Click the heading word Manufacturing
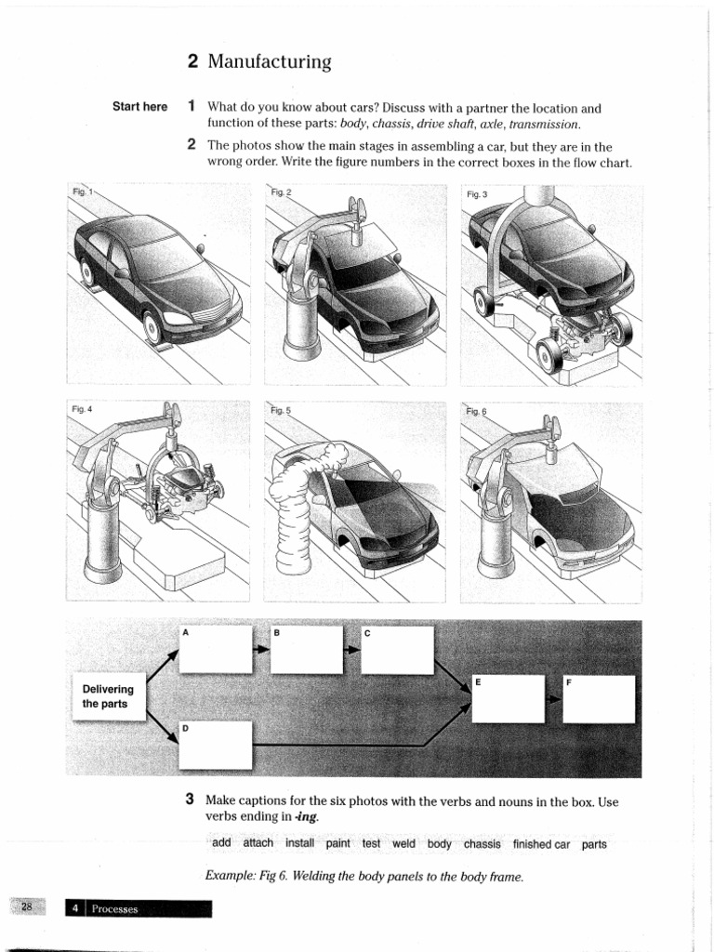(270, 62)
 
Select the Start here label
(139, 107)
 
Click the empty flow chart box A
(216, 649)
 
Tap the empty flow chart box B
(307, 649)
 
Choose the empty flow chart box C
(398, 650)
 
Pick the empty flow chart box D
(216, 746)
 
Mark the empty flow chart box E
(508, 698)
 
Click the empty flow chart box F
(599, 698)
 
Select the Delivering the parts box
(108, 696)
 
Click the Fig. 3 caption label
(477, 194)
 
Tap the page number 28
(27, 907)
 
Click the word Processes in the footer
(115, 909)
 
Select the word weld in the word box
(403, 844)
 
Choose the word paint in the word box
(338, 844)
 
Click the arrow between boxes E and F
(554, 698)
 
